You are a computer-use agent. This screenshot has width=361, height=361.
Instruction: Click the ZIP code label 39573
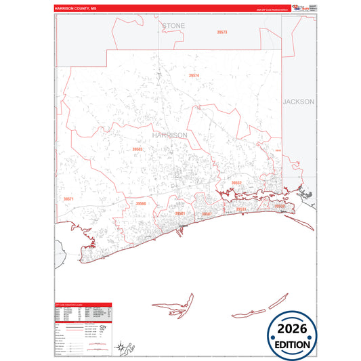tap(222, 33)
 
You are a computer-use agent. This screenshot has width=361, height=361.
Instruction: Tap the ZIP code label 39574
tap(194, 75)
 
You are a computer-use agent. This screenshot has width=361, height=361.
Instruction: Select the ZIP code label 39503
tap(138, 149)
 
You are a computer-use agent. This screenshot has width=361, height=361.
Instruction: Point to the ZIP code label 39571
tap(68, 199)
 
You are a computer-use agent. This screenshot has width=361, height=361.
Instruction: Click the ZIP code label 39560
tap(140, 203)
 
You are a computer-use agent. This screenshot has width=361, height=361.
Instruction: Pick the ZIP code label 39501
tap(180, 213)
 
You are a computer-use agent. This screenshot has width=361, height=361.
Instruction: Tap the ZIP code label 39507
tap(207, 213)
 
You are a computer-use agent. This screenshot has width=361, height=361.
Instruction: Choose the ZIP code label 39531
tap(241, 210)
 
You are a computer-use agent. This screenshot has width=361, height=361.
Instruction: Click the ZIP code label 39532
tap(236, 183)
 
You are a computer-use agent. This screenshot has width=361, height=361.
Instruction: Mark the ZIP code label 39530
tap(280, 206)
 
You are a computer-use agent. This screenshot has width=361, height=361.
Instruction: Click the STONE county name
tap(173, 26)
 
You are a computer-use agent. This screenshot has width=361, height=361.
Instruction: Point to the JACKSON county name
tap(299, 102)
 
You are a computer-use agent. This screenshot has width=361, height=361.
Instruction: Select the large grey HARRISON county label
tap(170, 135)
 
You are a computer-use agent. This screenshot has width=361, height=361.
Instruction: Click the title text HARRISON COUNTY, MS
tap(76, 9)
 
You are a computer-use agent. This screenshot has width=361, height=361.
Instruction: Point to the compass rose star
tap(120, 348)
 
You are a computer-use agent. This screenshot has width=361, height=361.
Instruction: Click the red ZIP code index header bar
tap(83, 305)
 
